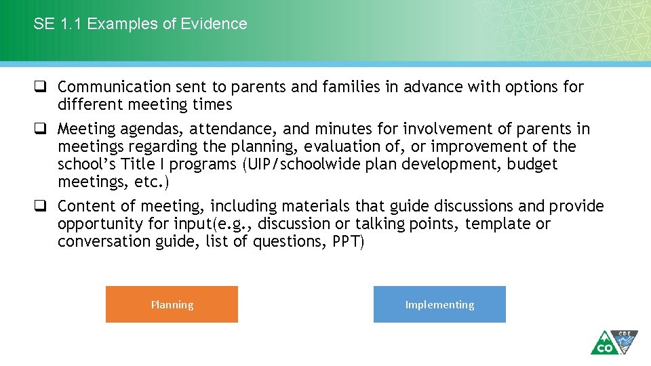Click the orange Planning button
(x=172, y=304)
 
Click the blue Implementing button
(x=439, y=304)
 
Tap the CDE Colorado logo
(x=614, y=342)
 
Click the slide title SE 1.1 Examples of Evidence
(x=140, y=24)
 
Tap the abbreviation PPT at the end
(x=346, y=241)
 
